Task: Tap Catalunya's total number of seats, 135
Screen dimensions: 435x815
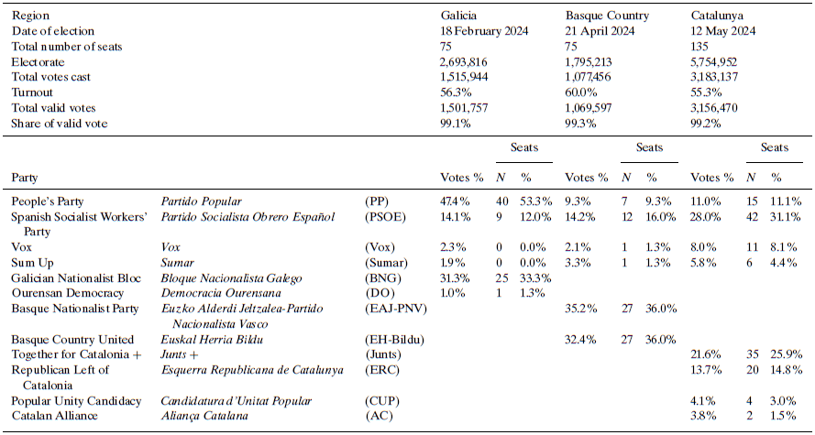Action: coord(700,47)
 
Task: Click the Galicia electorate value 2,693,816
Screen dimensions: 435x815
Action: coord(463,62)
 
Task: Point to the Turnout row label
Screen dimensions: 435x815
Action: coord(33,92)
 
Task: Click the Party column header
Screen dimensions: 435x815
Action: coord(26,177)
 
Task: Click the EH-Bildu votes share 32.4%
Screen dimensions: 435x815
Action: coord(581,339)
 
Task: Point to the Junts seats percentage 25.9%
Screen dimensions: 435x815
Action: coord(787,354)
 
